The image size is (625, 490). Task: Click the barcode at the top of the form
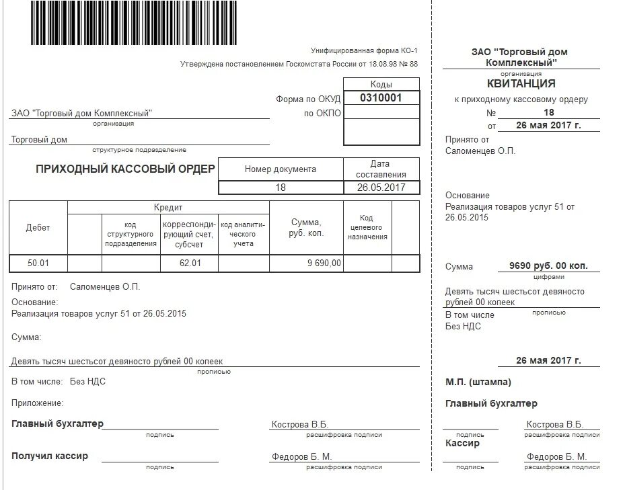coord(134,23)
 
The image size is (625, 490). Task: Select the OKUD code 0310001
coord(381,97)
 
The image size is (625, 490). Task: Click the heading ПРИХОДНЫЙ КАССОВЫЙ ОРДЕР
coord(126,169)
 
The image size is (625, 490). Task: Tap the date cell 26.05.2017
coord(381,188)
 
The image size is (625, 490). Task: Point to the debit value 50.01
coord(38,263)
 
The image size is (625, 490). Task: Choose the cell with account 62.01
coord(190,263)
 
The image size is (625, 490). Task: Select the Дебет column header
coord(38,227)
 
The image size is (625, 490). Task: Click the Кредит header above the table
coord(168,208)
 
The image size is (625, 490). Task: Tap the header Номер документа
coord(281,169)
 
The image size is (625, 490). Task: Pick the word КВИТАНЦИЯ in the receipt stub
coord(521,84)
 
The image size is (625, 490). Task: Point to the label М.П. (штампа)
coord(478,382)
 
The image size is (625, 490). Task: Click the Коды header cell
coord(381,85)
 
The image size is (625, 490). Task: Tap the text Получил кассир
coord(50,456)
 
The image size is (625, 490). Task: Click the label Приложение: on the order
coord(38,403)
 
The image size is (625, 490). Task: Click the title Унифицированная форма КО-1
coord(364,51)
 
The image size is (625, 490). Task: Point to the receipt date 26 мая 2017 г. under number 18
coord(548,126)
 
